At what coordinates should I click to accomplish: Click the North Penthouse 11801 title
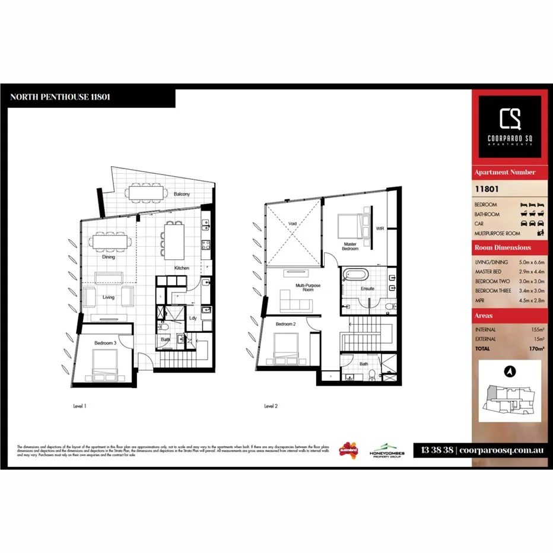60,97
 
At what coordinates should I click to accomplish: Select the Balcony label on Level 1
182,194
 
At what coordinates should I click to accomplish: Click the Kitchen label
182,268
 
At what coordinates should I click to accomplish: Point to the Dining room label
108,258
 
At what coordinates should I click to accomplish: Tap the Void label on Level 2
293,224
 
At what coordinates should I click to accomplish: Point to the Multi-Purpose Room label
308,288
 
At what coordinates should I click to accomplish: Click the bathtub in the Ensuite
356,276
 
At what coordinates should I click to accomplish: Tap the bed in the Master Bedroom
349,225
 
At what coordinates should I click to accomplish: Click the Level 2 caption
271,406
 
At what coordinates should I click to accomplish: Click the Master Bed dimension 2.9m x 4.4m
531,272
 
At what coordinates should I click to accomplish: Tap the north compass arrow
508,371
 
